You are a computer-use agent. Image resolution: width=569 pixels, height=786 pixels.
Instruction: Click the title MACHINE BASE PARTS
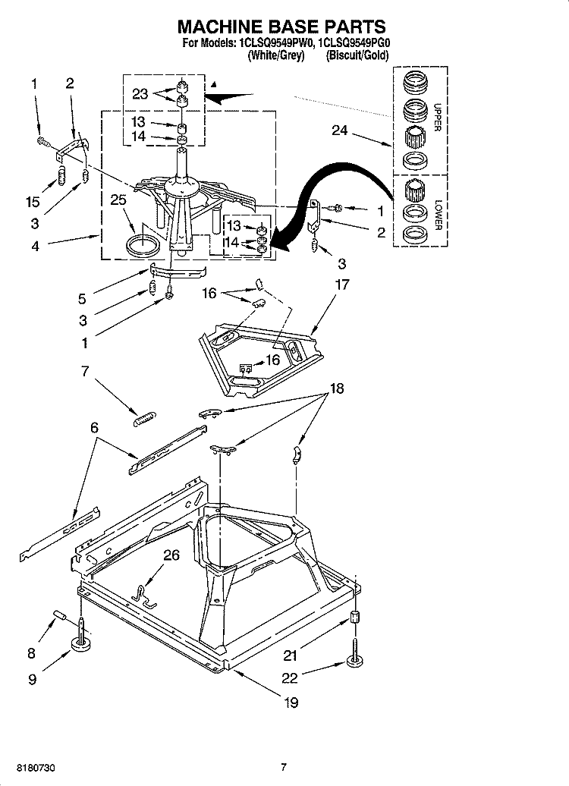click(x=282, y=27)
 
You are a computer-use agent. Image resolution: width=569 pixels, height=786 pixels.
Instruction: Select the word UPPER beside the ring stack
click(x=436, y=118)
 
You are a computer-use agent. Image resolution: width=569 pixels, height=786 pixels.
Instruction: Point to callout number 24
click(x=341, y=130)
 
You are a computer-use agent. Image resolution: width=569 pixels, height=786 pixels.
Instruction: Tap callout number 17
click(x=342, y=285)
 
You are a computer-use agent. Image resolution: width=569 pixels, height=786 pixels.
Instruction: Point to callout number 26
click(x=171, y=556)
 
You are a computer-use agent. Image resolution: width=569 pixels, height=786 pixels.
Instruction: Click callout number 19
click(x=291, y=703)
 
